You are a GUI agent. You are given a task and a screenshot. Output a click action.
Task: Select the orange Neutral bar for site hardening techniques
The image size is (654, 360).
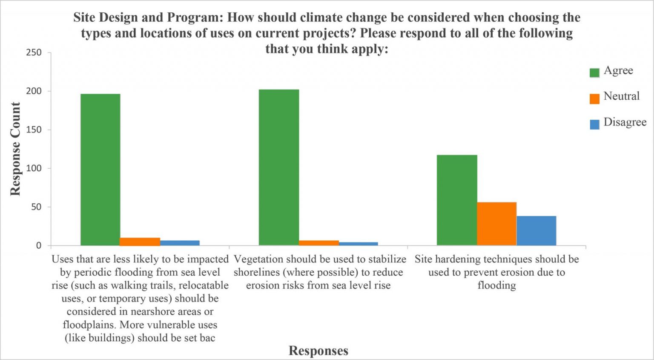pyautogui.click(x=496, y=224)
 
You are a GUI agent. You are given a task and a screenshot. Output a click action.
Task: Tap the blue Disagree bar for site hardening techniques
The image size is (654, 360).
pyautogui.click(x=536, y=230)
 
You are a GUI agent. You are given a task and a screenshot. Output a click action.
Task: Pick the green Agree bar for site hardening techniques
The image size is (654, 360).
pyautogui.click(x=457, y=200)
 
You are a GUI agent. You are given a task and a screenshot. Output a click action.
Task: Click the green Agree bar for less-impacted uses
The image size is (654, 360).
pyautogui.click(x=100, y=170)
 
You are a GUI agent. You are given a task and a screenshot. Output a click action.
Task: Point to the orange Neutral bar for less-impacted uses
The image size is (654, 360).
pyautogui.click(x=140, y=242)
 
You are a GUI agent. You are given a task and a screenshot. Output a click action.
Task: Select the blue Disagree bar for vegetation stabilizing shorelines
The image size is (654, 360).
pyautogui.click(x=358, y=244)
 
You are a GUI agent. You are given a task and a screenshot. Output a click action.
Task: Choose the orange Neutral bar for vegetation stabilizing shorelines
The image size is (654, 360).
pyautogui.click(x=318, y=243)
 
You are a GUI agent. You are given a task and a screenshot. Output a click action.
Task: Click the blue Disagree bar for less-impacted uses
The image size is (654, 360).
pyautogui.click(x=180, y=243)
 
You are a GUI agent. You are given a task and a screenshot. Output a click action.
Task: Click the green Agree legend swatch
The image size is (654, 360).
pyautogui.click(x=594, y=72)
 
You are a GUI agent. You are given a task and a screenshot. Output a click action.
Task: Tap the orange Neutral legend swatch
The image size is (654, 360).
pyautogui.click(x=594, y=98)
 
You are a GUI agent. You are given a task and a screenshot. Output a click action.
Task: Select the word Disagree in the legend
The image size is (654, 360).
pyautogui.click(x=625, y=122)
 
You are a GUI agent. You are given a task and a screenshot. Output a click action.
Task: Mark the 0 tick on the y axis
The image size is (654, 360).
pyautogui.click(x=39, y=245)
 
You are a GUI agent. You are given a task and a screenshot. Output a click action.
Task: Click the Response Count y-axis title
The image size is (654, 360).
pyautogui.click(x=15, y=149)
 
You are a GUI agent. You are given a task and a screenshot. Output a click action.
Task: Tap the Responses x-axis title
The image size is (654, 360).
pyautogui.click(x=318, y=351)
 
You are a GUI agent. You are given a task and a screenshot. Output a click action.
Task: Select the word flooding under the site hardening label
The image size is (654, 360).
pyautogui.click(x=496, y=285)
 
